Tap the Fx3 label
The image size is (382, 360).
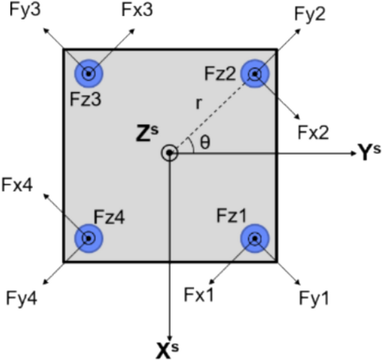pos(136,12)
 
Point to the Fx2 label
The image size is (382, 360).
pos(313,132)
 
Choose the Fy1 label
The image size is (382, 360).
pos(313,298)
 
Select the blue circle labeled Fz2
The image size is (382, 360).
pos(255,73)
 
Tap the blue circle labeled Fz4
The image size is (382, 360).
pos(88,238)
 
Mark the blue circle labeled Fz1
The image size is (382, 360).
pos(254,238)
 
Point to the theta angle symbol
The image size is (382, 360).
pos(205,143)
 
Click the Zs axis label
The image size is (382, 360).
pos(146,132)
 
